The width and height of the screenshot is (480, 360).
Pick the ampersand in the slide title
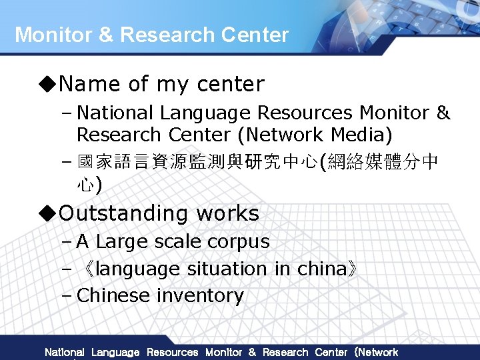(105, 35)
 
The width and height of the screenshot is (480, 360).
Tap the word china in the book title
(319, 269)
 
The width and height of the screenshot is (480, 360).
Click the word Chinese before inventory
(113, 295)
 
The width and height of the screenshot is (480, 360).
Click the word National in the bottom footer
(64, 352)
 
